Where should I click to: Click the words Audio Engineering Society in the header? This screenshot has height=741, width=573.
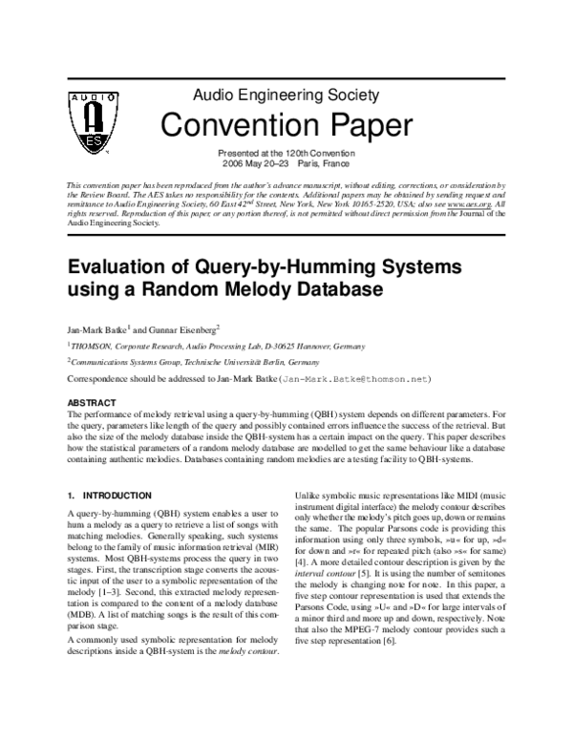(x=286, y=95)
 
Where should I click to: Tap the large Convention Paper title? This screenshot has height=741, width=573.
(x=286, y=124)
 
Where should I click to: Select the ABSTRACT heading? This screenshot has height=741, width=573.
(x=92, y=403)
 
